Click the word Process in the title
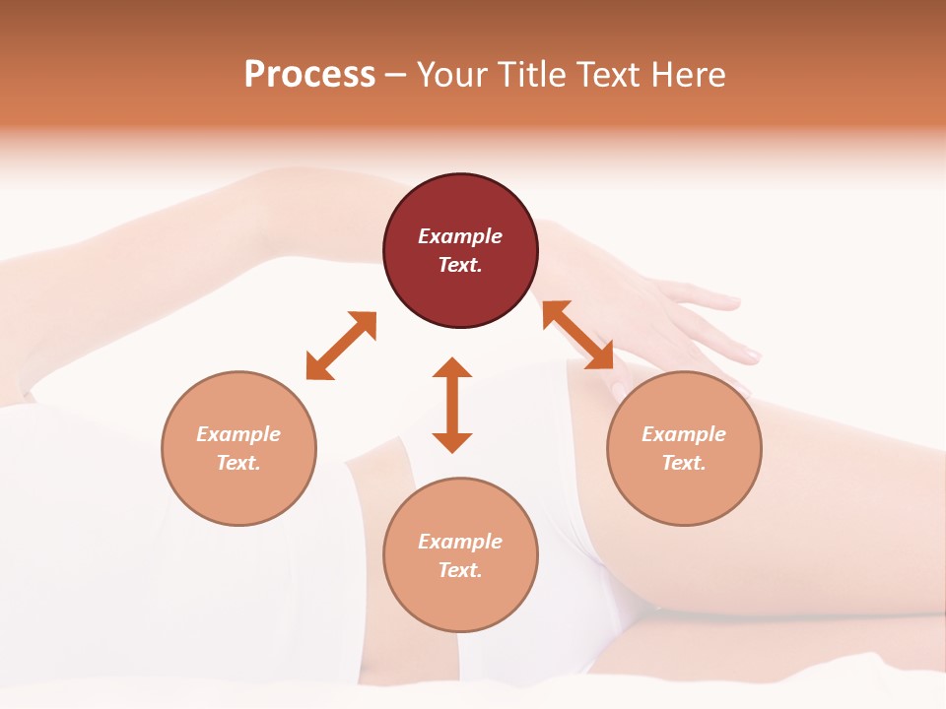(309, 75)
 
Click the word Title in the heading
(529, 75)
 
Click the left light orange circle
(238, 492)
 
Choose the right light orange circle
(684, 492)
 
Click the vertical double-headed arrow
(452, 405)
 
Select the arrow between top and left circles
(341, 346)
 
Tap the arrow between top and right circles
(578, 335)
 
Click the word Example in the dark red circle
(460, 236)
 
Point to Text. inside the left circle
(238, 463)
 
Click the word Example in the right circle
(684, 434)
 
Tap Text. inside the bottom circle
(460, 570)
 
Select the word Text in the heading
(607, 75)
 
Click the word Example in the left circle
(238, 434)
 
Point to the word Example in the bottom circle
(460, 542)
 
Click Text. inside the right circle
(684, 463)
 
